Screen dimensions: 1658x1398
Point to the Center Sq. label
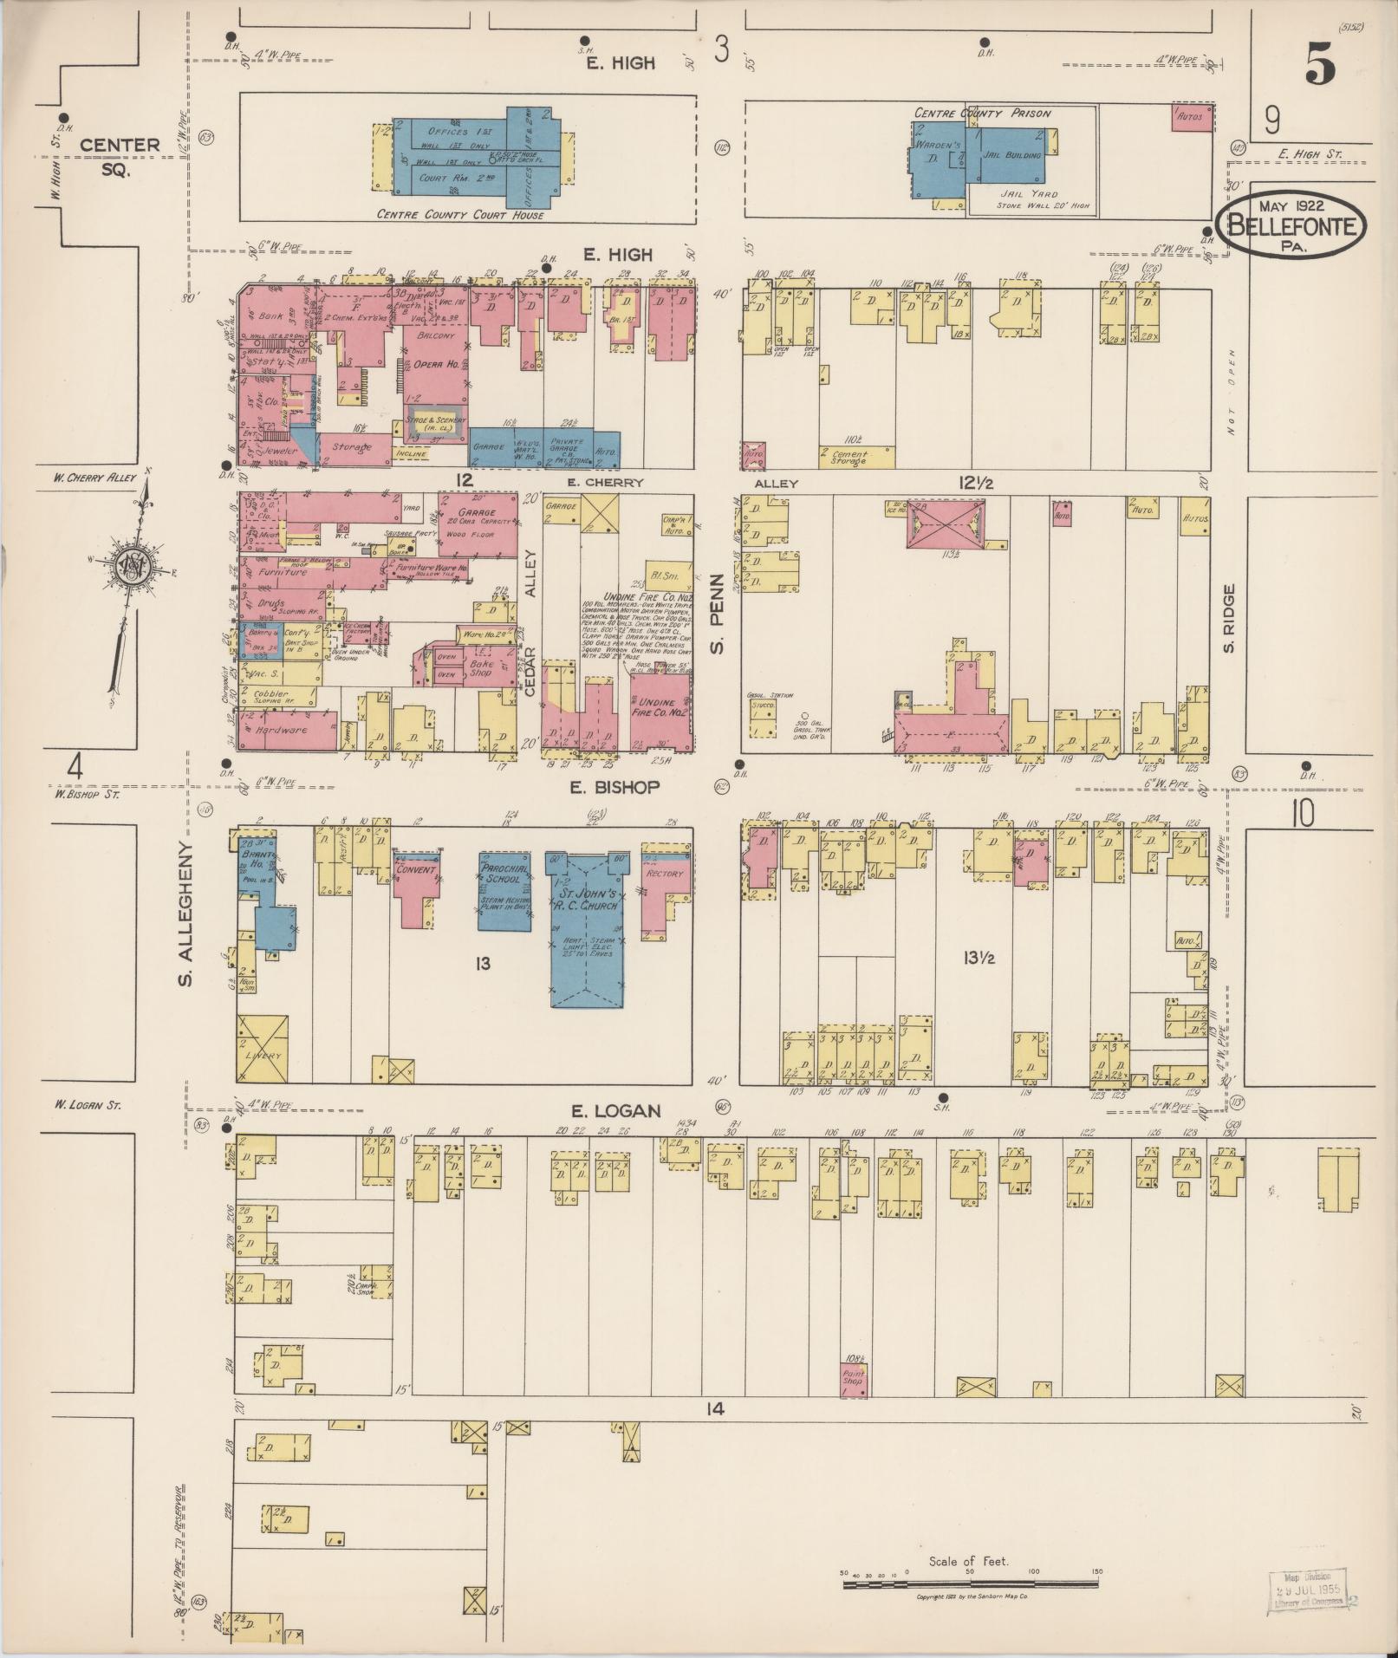pos(120,156)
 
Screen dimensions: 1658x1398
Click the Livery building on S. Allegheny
pos(263,1050)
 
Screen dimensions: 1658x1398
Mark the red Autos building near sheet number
pos(1190,117)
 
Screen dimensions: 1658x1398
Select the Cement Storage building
pos(856,456)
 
